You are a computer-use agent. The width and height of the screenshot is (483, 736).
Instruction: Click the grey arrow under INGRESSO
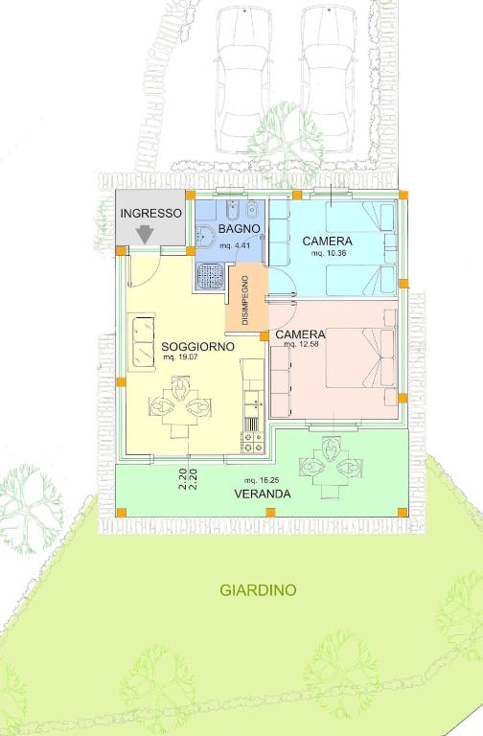[145, 235]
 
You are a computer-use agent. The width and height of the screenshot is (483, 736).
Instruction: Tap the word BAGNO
[239, 229]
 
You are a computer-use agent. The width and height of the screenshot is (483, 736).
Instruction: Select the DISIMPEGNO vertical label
[246, 300]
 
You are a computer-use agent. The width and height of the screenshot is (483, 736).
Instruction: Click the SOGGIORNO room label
[197, 347]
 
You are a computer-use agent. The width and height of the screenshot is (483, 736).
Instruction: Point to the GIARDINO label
[258, 590]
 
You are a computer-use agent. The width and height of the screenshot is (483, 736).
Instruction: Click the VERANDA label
[263, 494]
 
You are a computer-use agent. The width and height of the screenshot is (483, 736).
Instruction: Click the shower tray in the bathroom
[210, 276]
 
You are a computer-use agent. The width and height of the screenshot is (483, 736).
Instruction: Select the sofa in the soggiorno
[144, 342]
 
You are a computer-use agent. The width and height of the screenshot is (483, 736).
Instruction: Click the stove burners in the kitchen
[253, 443]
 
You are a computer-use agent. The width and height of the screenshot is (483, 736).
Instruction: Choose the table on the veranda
[331, 466]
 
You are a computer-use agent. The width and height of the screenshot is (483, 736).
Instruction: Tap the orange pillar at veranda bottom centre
[270, 512]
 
